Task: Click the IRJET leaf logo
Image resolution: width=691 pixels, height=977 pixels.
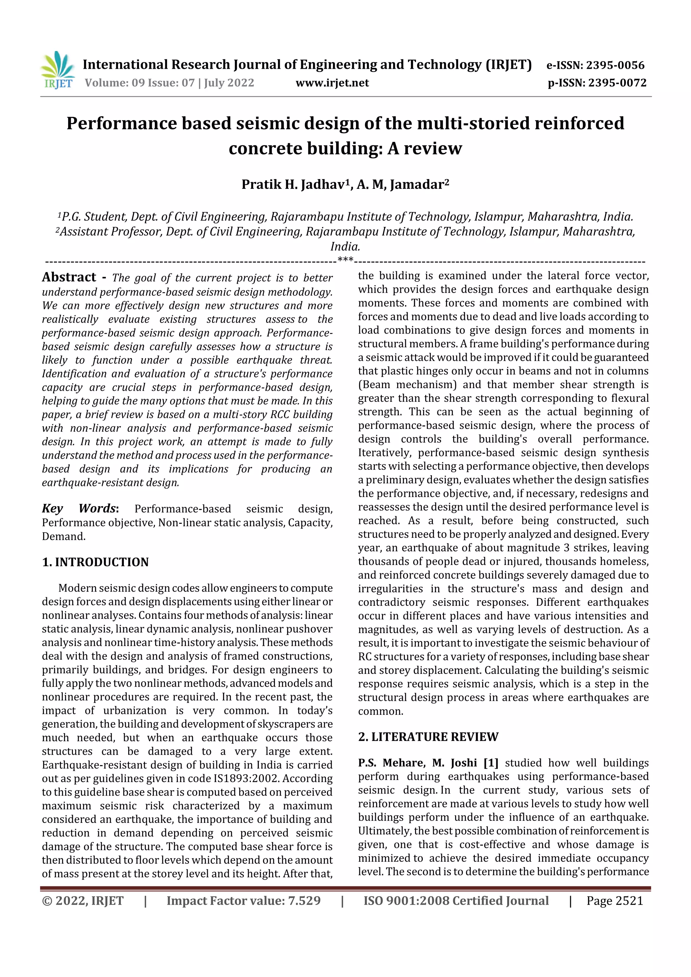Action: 57,69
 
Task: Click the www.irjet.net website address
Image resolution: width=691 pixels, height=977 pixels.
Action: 332,83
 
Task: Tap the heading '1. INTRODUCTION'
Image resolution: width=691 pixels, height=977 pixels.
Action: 95,562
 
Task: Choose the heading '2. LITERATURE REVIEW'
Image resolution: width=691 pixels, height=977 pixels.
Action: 428,737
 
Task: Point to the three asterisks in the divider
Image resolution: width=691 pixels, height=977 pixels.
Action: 345,259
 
